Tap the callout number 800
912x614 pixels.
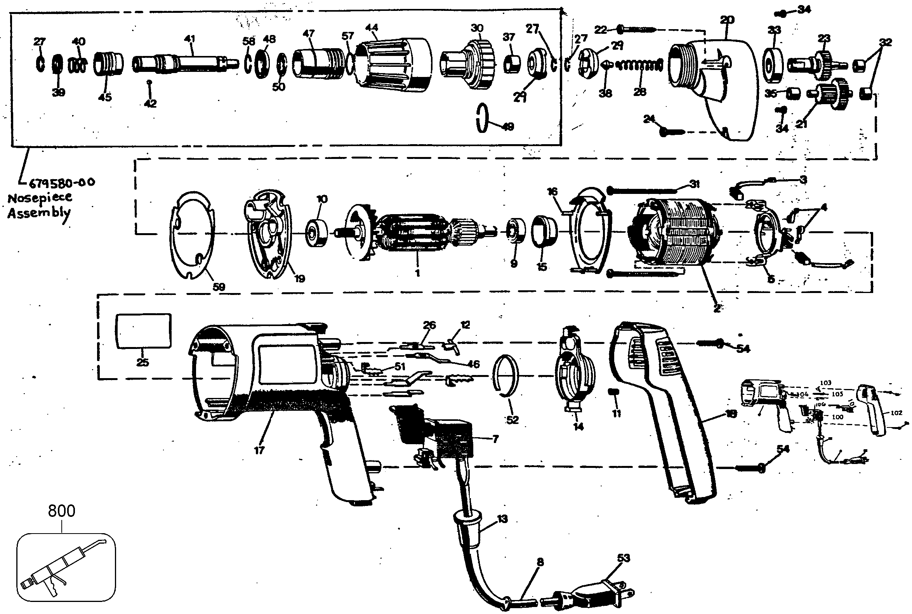[61, 511]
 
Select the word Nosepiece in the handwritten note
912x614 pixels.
[40, 197]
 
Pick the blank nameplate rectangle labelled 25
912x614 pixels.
[143, 330]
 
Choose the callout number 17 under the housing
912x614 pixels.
[259, 450]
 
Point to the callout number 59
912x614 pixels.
[219, 287]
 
